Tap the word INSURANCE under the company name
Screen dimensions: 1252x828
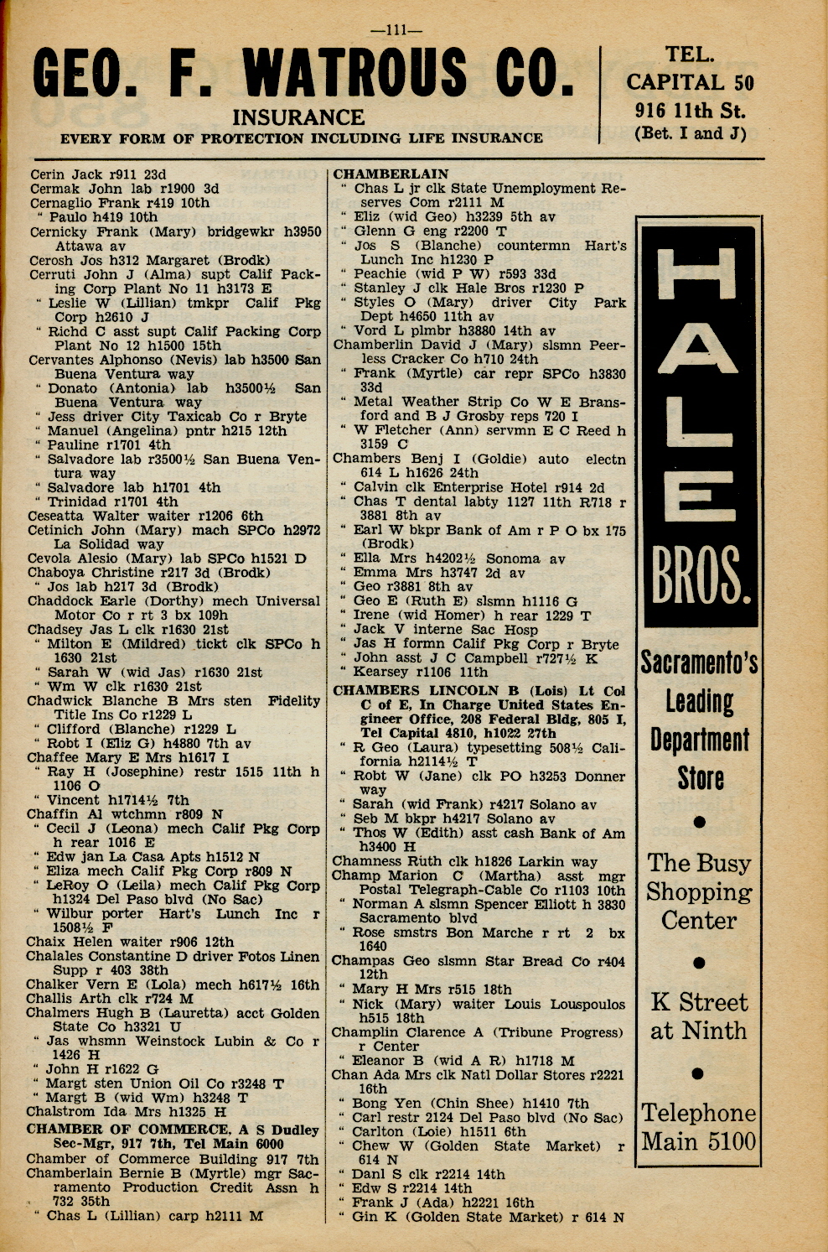pyautogui.click(x=298, y=117)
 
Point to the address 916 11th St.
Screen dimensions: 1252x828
pyautogui.click(x=690, y=110)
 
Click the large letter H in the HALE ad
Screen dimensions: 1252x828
pyautogui.click(x=699, y=276)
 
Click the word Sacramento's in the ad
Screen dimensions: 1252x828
pyautogui.click(x=700, y=662)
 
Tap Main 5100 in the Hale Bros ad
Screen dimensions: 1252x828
pyautogui.click(x=699, y=1141)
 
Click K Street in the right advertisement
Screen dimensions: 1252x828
pyautogui.click(x=699, y=1002)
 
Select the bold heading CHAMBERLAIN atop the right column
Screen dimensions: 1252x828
pyautogui.click(x=391, y=174)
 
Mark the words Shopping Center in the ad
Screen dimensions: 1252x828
pyautogui.click(x=699, y=906)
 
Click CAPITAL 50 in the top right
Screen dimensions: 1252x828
pyautogui.click(x=690, y=82)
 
